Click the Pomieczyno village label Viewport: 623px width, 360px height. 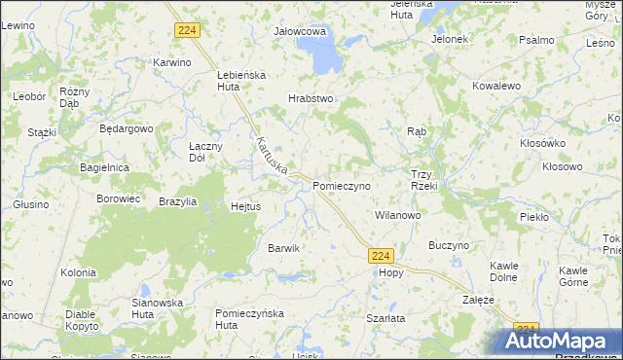(x=341, y=185)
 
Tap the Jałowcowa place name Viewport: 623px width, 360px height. (x=299, y=31)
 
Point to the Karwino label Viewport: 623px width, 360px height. (x=170, y=62)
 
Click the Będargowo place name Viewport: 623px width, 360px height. (x=128, y=128)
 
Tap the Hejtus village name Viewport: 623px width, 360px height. (x=244, y=206)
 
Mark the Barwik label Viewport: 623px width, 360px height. (x=283, y=248)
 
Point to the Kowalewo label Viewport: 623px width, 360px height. (x=496, y=86)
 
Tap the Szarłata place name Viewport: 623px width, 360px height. (x=385, y=318)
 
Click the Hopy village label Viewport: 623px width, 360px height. (x=390, y=273)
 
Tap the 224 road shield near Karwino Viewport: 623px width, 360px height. (x=188, y=31)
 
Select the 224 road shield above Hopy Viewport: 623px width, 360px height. (x=382, y=256)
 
